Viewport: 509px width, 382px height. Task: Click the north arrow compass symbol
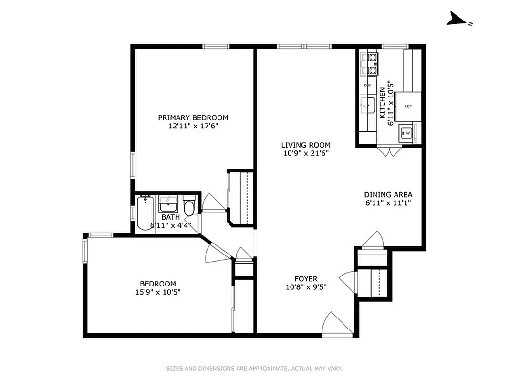457,20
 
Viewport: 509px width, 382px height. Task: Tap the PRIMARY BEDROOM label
193,118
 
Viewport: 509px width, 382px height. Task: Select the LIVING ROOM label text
305,145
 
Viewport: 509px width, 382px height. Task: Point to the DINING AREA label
388,195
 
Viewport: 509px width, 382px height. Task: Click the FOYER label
306,279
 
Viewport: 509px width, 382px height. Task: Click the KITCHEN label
382,103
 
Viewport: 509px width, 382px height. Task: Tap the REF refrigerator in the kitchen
408,106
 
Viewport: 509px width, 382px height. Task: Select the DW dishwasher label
367,85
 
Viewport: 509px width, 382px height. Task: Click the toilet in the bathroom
189,207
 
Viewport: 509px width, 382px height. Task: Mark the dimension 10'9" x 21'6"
305,153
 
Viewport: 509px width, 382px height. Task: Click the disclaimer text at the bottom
254,368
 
